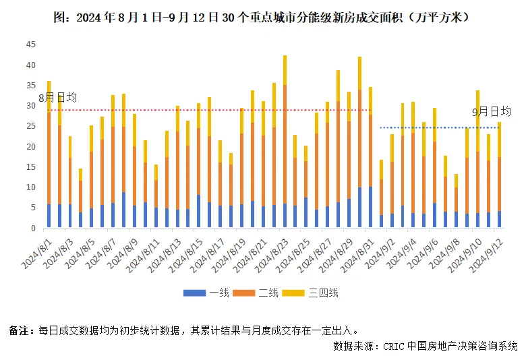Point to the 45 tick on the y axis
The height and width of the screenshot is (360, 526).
click(x=31, y=44)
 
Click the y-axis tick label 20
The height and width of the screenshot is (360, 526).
click(x=31, y=146)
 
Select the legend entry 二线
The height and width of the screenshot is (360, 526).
click(x=268, y=293)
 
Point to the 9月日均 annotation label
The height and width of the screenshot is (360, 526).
click(x=491, y=112)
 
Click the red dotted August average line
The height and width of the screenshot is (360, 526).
click(x=202, y=110)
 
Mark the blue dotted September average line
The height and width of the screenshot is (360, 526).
click(x=438, y=127)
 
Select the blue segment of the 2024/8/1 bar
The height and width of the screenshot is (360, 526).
click(x=49, y=216)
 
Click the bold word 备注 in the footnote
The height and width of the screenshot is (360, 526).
click(x=18, y=330)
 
